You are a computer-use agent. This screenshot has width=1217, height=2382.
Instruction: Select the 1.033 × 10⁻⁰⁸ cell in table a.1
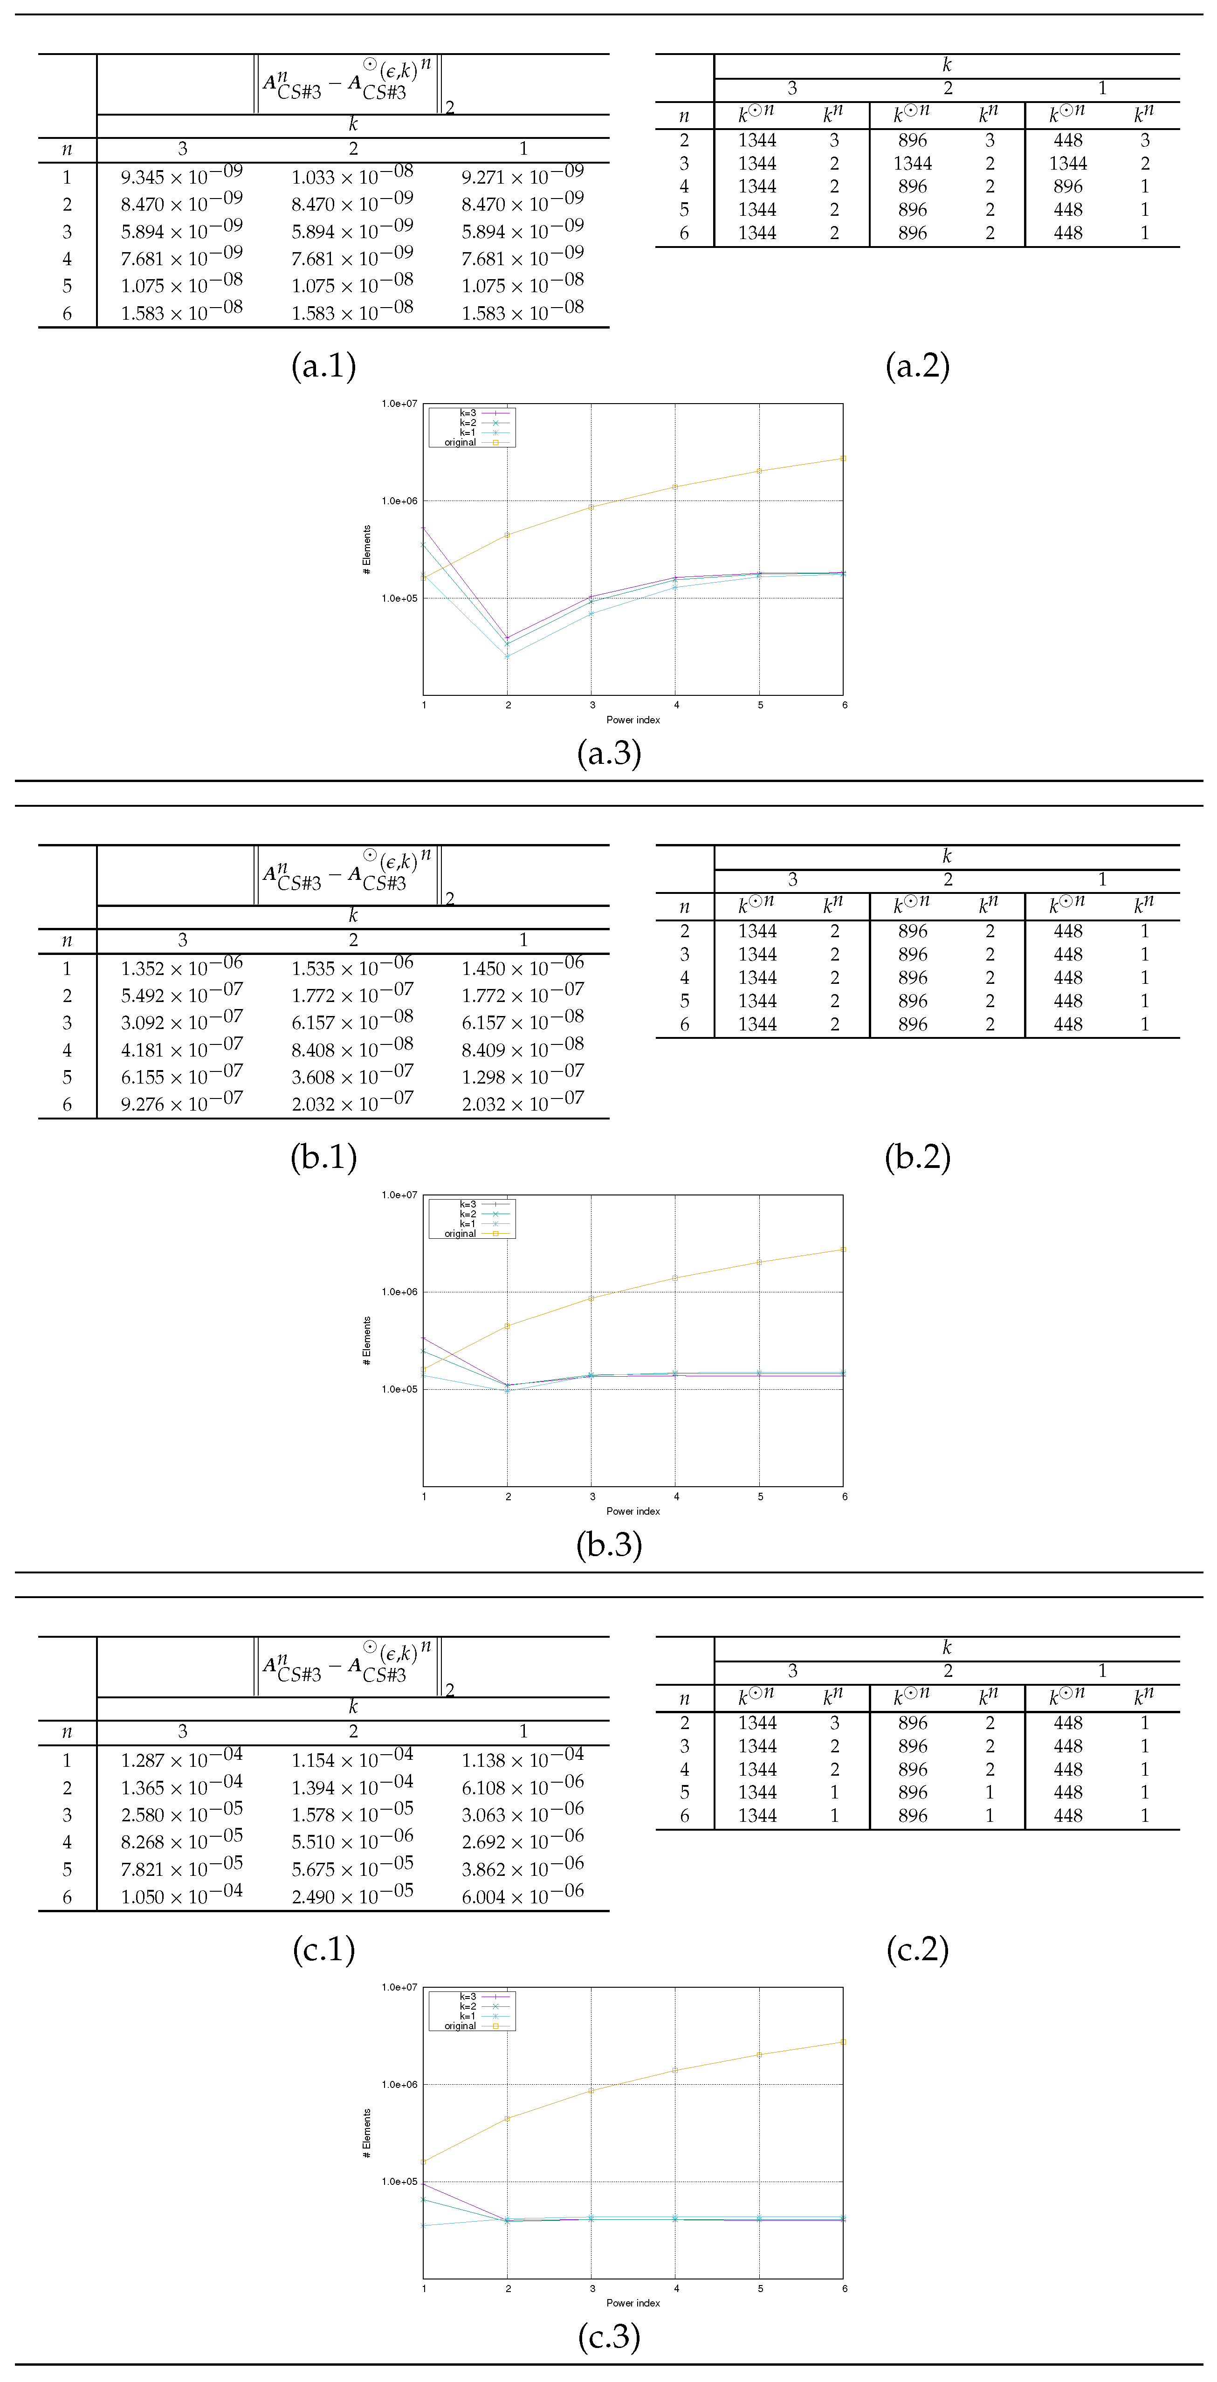[352, 176]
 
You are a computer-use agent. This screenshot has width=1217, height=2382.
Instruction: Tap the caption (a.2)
[917, 366]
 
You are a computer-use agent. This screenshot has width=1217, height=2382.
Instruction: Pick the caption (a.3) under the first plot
[609, 753]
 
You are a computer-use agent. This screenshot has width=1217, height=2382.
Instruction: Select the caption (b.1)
[323, 1157]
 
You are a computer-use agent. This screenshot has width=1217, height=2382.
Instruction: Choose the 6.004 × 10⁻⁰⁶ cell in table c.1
[523, 1895]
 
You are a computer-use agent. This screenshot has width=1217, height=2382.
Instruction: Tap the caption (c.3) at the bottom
[609, 2337]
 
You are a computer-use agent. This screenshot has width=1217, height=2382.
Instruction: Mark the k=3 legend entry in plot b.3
[468, 1204]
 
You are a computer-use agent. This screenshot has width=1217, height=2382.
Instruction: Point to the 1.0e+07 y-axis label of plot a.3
[399, 404]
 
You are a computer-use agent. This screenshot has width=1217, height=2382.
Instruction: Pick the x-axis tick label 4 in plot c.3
[676, 2289]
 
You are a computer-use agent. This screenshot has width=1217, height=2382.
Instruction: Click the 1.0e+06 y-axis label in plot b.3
[399, 1292]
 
